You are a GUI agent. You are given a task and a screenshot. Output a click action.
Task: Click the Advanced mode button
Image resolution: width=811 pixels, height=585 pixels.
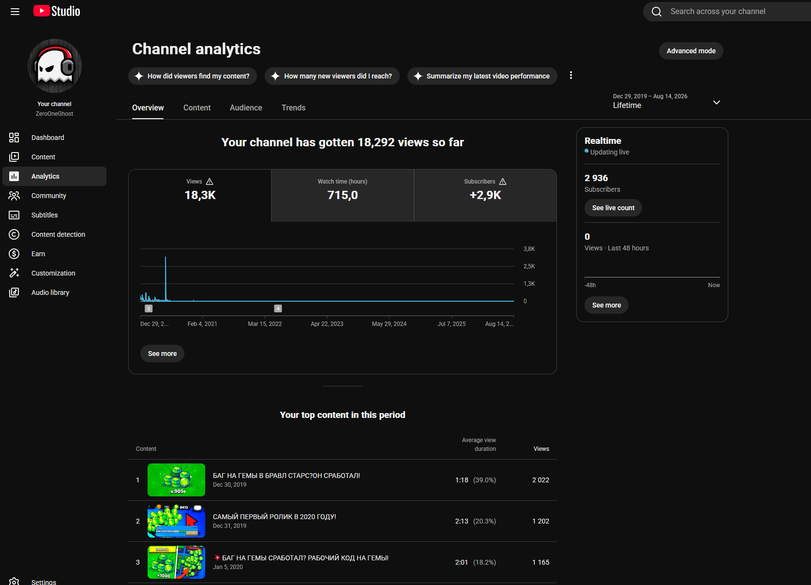(x=691, y=51)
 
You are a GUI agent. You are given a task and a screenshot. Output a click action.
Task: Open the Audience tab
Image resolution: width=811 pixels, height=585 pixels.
(x=246, y=108)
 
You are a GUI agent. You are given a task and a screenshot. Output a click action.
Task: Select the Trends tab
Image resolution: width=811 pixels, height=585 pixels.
(x=293, y=108)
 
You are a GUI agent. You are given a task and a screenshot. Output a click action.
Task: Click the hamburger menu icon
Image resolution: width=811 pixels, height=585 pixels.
(x=15, y=12)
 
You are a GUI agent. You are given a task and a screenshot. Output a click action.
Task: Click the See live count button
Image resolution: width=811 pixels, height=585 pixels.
(x=613, y=208)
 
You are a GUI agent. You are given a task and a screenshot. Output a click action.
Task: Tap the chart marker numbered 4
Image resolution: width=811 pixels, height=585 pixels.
(x=278, y=308)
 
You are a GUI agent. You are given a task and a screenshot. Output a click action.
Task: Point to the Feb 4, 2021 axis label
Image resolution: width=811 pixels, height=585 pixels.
(x=202, y=324)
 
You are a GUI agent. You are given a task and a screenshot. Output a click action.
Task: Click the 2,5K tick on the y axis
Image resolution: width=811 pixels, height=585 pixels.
(x=529, y=266)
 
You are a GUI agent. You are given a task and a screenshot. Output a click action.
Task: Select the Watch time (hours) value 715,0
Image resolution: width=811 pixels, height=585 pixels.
(x=343, y=195)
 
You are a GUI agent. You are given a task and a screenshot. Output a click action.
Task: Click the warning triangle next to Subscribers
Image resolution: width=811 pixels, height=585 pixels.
(x=503, y=182)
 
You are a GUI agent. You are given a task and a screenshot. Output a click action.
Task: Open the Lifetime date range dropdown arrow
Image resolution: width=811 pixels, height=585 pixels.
(x=716, y=103)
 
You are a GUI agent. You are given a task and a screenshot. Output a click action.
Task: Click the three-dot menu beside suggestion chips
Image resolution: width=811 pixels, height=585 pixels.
(x=571, y=76)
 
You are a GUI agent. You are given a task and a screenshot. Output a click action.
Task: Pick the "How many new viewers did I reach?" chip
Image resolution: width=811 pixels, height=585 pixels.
(x=332, y=76)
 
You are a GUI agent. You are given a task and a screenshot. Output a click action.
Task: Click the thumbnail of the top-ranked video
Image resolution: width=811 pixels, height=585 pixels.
(x=176, y=480)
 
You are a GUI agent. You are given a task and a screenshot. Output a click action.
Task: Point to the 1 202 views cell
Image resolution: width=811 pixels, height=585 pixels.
(x=541, y=521)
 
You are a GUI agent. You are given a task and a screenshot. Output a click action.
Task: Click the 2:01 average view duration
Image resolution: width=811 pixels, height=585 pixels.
(x=461, y=563)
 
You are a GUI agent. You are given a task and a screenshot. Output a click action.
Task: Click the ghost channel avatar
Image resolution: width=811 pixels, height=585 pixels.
(x=55, y=66)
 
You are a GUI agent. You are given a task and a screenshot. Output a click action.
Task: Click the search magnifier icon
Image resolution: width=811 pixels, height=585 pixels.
(x=657, y=12)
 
